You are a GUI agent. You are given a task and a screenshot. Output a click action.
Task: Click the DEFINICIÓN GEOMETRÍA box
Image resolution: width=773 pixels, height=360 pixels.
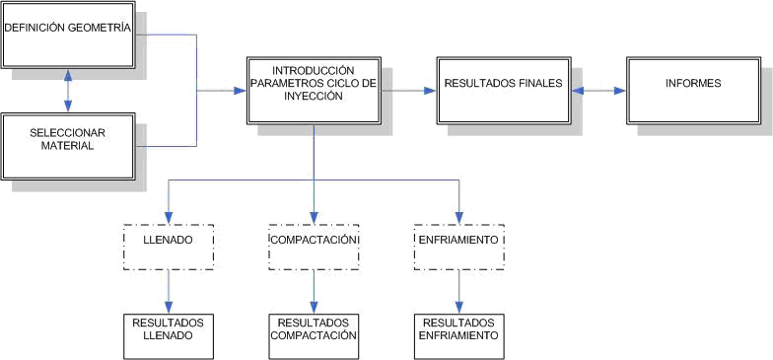point(67,37)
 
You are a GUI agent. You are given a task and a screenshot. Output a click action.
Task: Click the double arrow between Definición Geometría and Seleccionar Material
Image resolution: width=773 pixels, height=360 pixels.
point(67,91)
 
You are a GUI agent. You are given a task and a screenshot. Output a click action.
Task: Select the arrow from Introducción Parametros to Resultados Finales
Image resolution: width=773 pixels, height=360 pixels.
point(408,90)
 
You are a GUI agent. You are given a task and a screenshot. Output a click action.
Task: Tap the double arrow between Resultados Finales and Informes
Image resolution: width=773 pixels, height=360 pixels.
point(598,90)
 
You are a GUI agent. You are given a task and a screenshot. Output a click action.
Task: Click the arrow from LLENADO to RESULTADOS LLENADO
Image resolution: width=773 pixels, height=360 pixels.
point(169,291)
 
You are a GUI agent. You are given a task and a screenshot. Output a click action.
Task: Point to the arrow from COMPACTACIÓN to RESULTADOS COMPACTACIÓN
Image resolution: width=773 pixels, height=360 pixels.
point(314,291)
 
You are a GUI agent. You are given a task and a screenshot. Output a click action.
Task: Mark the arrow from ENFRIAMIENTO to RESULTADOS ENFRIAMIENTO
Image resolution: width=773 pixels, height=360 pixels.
point(459,291)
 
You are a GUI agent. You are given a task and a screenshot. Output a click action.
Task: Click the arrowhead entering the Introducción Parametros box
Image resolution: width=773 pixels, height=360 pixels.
point(240,91)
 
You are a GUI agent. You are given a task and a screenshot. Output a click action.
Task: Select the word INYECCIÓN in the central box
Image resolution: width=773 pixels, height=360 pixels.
point(314,96)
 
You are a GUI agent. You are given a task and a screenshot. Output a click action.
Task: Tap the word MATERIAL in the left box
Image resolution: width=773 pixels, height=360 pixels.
point(67,146)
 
